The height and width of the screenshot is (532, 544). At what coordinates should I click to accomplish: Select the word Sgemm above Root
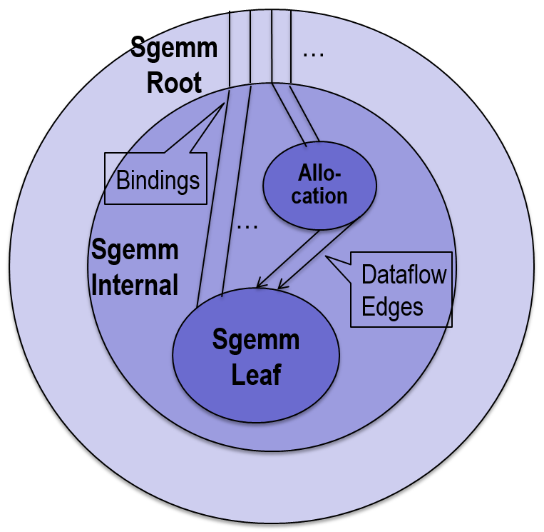coord(174,49)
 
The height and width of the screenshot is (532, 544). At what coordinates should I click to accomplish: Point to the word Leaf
coord(257,374)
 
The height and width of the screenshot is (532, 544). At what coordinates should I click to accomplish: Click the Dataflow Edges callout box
coord(401,290)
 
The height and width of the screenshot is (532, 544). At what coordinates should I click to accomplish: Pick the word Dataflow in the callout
coord(404,274)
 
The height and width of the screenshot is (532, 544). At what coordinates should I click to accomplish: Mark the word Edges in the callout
coord(393,306)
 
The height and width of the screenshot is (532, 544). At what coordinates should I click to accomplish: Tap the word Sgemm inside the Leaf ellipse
coord(257,340)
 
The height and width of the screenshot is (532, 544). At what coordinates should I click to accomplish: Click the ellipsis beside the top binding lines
coord(314,54)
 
